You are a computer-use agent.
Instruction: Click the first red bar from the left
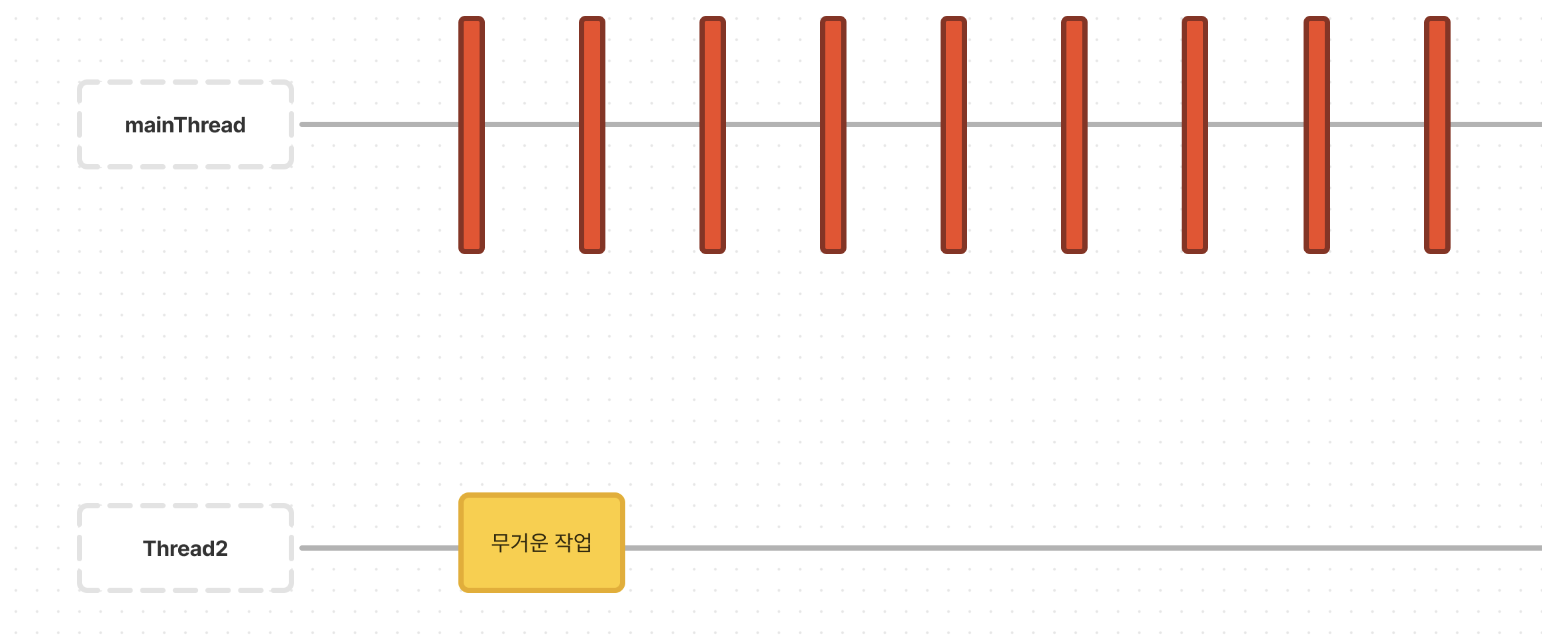click(x=472, y=135)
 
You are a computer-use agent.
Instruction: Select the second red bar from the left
click(x=592, y=135)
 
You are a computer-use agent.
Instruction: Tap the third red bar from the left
click(x=713, y=135)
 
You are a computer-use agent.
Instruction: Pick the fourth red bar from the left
click(x=833, y=135)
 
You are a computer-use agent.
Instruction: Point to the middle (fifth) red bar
click(x=954, y=135)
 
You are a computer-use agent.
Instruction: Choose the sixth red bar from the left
click(x=1074, y=135)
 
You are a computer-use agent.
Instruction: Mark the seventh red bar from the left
click(x=1195, y=135)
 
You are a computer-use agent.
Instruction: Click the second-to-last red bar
click(x=1317, y=135)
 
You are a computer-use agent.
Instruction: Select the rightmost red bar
click(x=1437, y=135)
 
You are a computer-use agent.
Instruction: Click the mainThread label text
click(x=185, y=125)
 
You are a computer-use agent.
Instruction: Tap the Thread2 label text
click(x=185, y=549)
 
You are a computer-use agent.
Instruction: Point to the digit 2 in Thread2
click(x=221, y=549)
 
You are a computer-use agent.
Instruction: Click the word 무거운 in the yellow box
click(x=519, y=543)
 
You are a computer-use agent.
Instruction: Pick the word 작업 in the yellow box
click(x=573, y=543)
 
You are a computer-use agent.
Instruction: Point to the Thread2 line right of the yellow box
click(x=1060, y=548)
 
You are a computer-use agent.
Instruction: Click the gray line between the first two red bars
click(x=532, y=124)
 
